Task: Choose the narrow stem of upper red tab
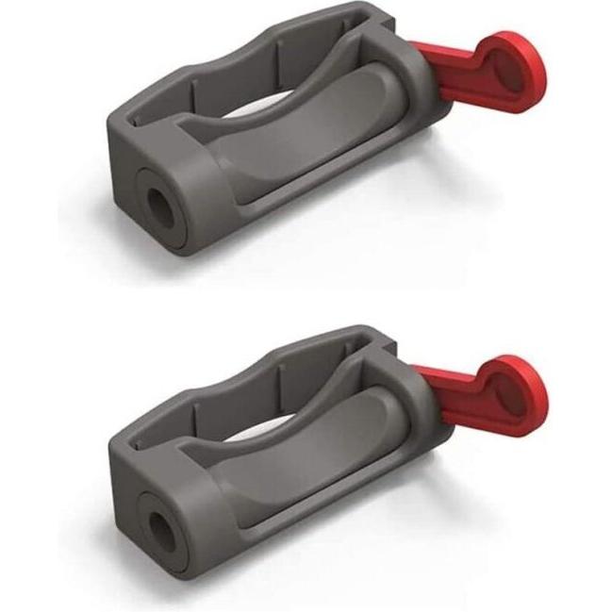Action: (443, 75)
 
